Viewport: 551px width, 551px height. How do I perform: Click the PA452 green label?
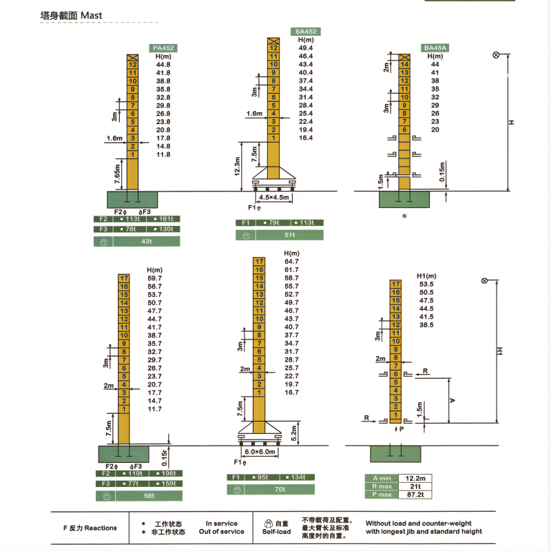click(163, 48)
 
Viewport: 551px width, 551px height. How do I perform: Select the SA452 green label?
click(306, 31)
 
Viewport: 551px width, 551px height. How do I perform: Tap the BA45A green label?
click(435, 48)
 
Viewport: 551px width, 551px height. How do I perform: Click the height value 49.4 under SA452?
click(306, 48)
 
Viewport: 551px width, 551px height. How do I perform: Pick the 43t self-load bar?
click(146, 242)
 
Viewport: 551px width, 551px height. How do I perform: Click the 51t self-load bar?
click(290, 235)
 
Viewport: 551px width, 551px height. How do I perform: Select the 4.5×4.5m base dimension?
click(275, 197)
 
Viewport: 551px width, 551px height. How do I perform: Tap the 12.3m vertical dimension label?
click(238, 166)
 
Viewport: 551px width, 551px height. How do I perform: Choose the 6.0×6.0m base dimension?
click(260, 451)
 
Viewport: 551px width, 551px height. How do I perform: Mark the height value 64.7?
click(291, 262)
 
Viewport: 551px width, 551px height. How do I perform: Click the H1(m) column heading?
click(427, 275)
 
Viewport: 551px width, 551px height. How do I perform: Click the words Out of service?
click(222, 532)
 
